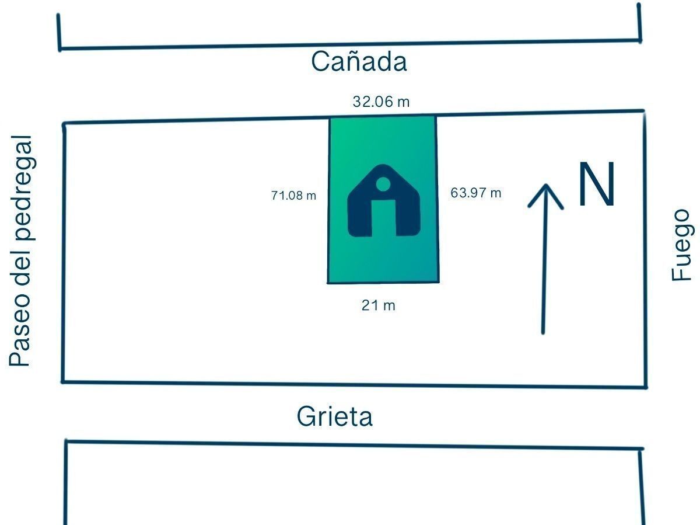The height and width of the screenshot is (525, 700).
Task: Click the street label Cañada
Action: click(x=359, y=61)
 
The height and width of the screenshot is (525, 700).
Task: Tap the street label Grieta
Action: click(x=334, y=416)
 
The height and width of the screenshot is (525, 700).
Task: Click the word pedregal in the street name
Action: click(x=22, y=187)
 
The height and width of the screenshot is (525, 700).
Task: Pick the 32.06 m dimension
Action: click(x=381, y=102)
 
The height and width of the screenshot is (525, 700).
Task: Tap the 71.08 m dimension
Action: click(x=293, y=195)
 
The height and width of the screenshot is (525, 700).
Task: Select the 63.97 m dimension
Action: click(x=476, y=193)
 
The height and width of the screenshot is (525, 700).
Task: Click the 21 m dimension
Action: click(x=378, y=305)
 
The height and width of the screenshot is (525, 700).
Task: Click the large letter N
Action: click(x=597, y=184)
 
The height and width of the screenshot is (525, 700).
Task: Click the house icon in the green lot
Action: click(x=384, y=201)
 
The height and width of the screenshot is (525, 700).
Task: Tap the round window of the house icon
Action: click(x=383, y=184)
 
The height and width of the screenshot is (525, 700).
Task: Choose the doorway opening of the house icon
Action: click(x=384, y=218)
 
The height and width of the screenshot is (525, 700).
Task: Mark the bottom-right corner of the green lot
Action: click(x=439, y=282)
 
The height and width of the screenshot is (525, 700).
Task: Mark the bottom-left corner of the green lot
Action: click(x=328, y=283)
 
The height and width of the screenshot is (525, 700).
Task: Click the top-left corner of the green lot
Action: click(x=330, y=119)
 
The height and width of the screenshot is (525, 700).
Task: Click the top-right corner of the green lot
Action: click(x=436, y=116)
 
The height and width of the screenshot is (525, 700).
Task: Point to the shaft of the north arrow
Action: click(x=544, y=259)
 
